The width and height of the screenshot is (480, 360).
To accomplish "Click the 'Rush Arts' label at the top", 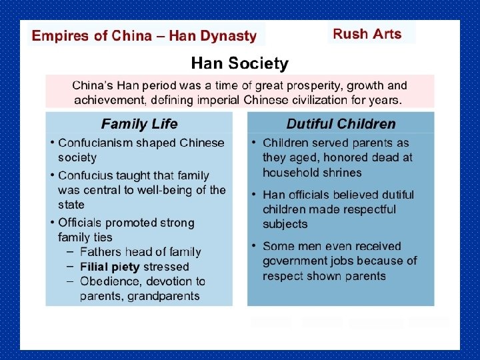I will [x=367, y=33].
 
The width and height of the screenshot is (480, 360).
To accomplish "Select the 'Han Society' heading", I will [x=239, y=64].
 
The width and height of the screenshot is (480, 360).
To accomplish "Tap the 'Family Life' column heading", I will [x=139, y=123].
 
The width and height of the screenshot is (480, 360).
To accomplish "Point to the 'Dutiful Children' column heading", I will [x=341, y=123].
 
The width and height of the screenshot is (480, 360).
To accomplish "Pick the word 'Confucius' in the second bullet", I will [x=84, y=175].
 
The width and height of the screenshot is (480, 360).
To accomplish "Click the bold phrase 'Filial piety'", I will [x=110, y=267].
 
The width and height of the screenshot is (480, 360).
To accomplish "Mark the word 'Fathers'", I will [x=100, y=252].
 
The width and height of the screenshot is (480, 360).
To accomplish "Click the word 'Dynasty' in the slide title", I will [x=230, y=36].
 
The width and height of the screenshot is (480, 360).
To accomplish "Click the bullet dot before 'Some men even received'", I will [x=254, y=246].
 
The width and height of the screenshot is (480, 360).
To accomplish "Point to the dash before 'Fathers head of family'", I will [x=70, y=251].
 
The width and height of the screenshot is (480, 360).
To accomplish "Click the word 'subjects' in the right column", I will [x=285, y=224].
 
